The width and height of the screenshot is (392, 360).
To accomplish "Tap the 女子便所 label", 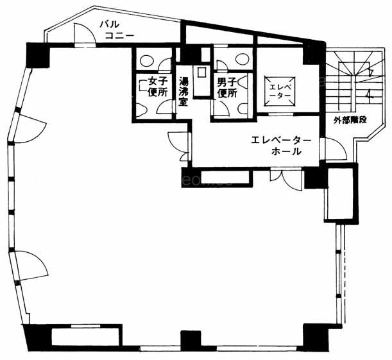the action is pos(157,87).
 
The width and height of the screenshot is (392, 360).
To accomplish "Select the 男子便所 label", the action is pos(226,88).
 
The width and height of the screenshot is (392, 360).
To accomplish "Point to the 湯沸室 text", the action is pos(183,92).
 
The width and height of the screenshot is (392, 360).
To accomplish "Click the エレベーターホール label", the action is pos(281,146).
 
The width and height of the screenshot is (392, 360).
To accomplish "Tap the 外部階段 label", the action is pos(350,120).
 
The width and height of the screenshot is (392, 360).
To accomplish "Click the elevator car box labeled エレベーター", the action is pos(280,92).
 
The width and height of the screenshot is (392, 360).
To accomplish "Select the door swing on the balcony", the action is pos(85,34).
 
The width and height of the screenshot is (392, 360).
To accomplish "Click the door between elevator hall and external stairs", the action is pos(335,148).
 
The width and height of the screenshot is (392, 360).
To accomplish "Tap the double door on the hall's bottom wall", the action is pos(287,179).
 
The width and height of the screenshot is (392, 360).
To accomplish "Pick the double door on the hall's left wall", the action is pos(178,146).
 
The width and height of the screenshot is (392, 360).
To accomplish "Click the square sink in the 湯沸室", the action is pos(201,73).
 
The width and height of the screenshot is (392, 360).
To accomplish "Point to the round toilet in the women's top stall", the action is pos(145,60).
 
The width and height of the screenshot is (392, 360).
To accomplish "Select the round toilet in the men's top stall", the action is pos(241,59).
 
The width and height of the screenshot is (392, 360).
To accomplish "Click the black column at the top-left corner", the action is pos(38,55).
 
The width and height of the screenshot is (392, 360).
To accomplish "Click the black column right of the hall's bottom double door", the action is pos(316,178).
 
